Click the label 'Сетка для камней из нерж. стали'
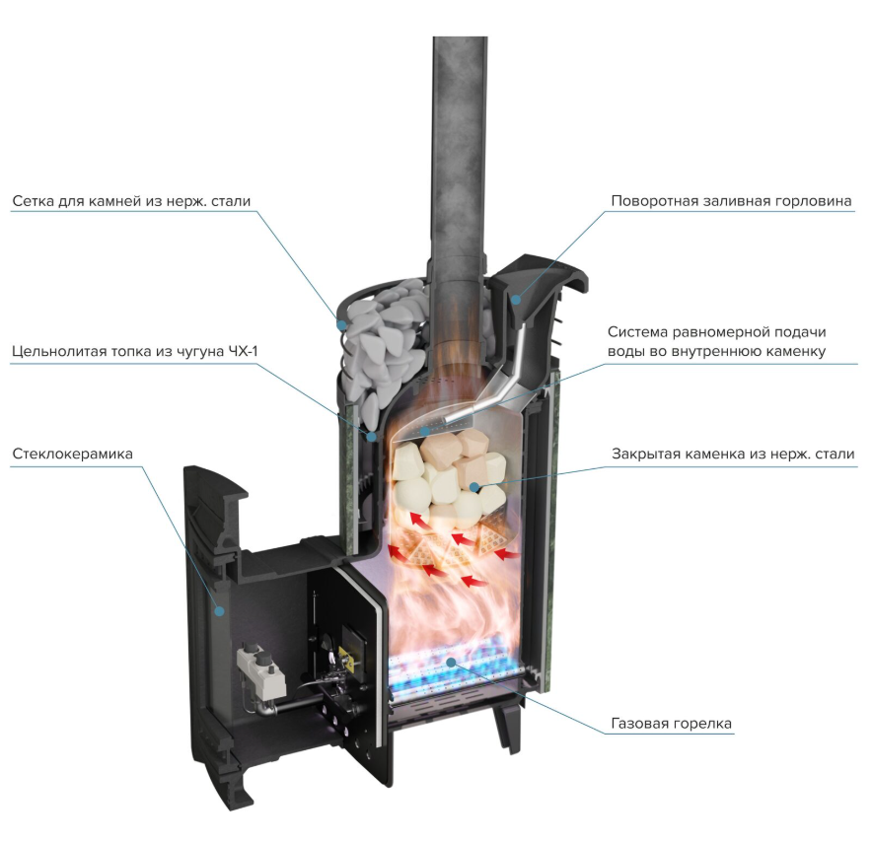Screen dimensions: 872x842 (131, 200)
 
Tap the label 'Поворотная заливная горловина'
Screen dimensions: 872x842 (731, 200)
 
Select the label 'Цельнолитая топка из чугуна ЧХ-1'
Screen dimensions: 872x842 (134, 351)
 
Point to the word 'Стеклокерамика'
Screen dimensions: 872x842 (72, 454)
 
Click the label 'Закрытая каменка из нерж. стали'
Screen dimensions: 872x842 (733, 454)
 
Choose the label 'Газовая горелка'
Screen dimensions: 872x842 (671, 723)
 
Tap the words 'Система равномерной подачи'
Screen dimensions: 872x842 (717, 332)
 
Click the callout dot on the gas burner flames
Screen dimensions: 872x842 (452, 662)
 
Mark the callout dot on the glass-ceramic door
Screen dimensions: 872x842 (220, 611)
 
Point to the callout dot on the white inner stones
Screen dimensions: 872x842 (473, 487)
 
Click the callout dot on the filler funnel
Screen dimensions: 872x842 (516, 300)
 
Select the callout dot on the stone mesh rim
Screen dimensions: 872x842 (341, 323)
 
